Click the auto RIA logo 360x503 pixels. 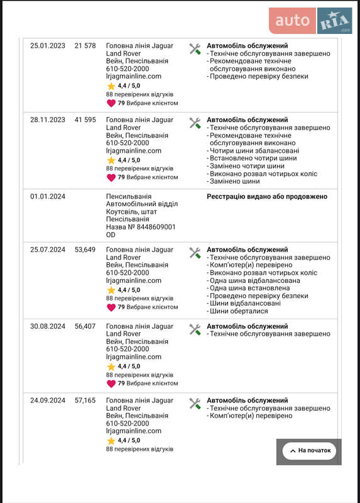point(310,21)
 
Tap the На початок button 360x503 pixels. point(309,451)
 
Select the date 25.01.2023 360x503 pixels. point(48,46)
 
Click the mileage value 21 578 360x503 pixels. point(85,46)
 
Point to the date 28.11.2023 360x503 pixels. point(48,120)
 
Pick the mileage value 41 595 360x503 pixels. point(85,120)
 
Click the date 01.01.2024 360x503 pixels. point(48,197)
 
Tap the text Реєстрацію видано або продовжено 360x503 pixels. point(267,197)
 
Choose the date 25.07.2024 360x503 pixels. point(48,250)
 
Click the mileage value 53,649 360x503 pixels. point(85,250)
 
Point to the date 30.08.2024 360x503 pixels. point(48,326)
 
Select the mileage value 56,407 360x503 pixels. point(85,326)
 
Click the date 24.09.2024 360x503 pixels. point(48,401)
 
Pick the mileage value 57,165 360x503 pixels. point(85,401)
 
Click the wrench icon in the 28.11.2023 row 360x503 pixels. point(195,123)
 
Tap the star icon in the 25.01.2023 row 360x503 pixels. point(111,86)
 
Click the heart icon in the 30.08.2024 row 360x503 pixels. point(111,384)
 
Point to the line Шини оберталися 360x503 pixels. point(239,311)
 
